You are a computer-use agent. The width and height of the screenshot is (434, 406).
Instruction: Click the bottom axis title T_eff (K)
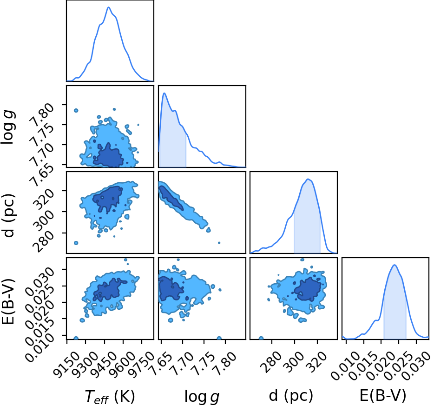click(110, 397)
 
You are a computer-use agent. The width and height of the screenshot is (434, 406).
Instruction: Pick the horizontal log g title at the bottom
click(202, 397)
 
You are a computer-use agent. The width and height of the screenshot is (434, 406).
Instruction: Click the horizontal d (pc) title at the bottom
click(291, 395)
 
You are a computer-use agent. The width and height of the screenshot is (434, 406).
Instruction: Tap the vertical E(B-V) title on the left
click(8, 302)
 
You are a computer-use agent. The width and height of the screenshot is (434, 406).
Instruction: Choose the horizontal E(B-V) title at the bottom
click(383, 395)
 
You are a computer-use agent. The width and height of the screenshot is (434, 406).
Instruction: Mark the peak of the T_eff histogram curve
click(109, 7)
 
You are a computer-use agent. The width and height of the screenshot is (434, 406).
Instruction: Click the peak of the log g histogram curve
click(164, 93)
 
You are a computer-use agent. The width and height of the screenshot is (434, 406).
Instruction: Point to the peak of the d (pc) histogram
click(308, 179)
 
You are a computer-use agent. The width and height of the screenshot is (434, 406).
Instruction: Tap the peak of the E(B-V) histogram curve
click(395, 265)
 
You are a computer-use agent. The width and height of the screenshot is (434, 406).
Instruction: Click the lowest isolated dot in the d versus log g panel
click(219, 243)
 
